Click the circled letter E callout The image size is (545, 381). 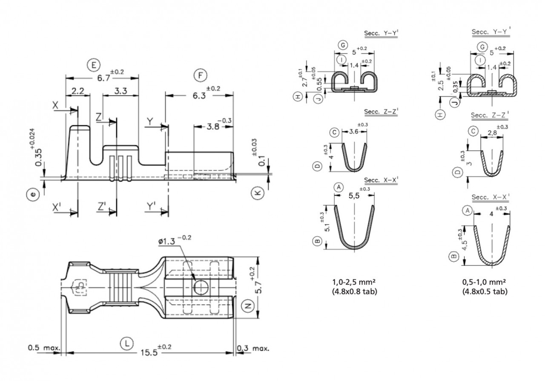click(93, 65)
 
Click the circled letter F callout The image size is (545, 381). click(200, 75)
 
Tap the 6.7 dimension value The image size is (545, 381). click(103, 78)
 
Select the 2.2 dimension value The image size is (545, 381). click(78, 91)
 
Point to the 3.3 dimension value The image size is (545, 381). click(120, 91)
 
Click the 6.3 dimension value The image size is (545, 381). click(199, 96)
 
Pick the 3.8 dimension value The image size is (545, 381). click(213, 127)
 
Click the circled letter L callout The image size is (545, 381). click(127, 343)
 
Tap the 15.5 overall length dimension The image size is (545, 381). click(149, 352)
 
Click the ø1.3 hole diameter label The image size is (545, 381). click(166, 241)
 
